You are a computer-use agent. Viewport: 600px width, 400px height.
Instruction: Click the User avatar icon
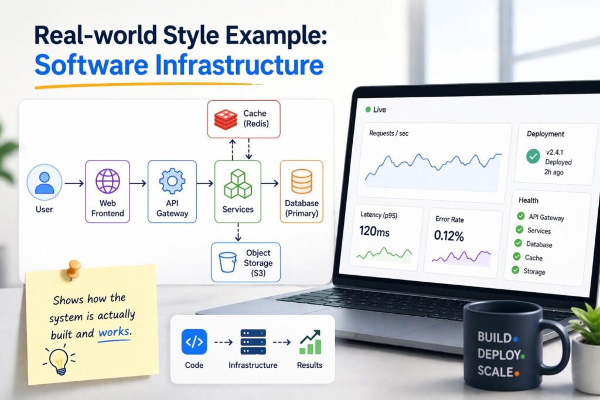tap(45, 182)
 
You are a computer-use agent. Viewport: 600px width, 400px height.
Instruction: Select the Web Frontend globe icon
tap(108, 181)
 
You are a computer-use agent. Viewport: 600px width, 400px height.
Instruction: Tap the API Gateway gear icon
tap(172, 182)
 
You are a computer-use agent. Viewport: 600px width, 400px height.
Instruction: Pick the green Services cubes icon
tap(237, 183)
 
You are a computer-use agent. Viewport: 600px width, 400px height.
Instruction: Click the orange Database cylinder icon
tap(302, 181)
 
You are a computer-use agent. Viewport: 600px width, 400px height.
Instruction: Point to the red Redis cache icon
tap(225, 119)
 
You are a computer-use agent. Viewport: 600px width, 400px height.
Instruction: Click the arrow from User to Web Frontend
tap(74, 184)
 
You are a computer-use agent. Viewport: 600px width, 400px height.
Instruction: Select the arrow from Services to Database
tap(270, 184)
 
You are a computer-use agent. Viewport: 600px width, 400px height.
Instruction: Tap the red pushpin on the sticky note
tap(74, 269)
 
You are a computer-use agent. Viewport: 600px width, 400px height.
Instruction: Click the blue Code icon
tap(194, 341)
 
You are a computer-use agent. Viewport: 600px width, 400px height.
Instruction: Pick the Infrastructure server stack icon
tap(253, 341)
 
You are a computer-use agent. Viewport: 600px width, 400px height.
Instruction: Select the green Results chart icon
tap(309, 342)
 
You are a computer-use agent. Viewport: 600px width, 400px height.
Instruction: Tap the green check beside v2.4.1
tap(533, 156)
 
